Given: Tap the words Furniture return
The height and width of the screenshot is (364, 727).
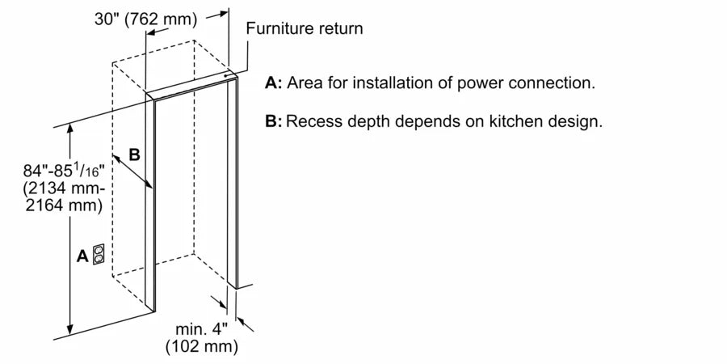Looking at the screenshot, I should tap(305, 28).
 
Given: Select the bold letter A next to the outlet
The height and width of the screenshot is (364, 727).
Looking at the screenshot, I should tap(82, 256).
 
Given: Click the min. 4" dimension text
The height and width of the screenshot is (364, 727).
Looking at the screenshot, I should tap(201, 330).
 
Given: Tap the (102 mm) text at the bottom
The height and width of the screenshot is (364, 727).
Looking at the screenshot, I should tap(201, 348).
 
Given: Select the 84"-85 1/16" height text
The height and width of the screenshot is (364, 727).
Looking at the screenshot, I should tap(63, 171).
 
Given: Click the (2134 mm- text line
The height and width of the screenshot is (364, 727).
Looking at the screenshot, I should tap(63, 188).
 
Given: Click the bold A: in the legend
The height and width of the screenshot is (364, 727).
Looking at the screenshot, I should tap(273, 83).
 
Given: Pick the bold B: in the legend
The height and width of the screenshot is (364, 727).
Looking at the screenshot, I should tap(273, 122).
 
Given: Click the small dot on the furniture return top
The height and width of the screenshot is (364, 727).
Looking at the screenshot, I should tap(226, 78).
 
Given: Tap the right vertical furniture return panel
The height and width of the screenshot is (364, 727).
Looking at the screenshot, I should tap(233, 182).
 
